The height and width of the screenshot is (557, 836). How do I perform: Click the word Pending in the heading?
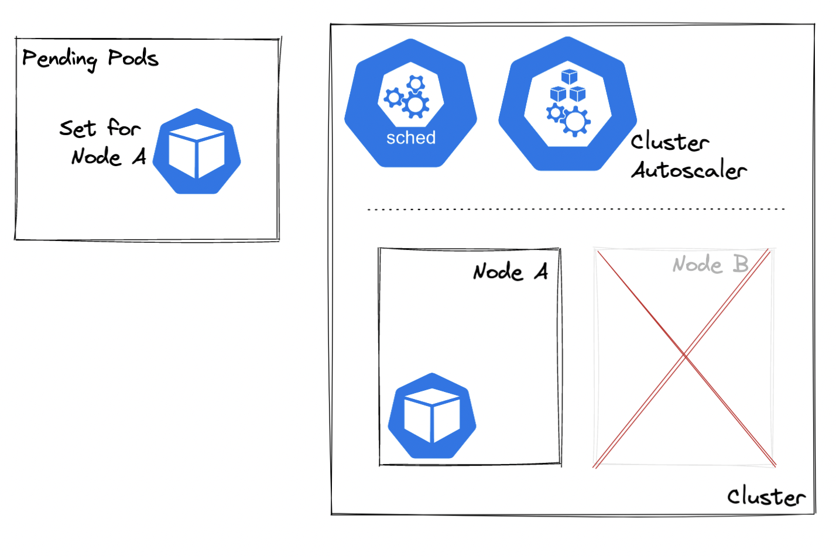[x=59, y=59]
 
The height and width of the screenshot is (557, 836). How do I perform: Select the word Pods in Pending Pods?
[x=133, y=58]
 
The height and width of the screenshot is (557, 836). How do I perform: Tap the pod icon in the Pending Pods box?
[x=197, y=152]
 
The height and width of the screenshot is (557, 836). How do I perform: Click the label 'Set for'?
[x=100, y=128]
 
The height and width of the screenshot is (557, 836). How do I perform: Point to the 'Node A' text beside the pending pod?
[x=108, y=157]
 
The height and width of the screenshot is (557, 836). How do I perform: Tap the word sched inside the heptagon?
[x=411, y=137]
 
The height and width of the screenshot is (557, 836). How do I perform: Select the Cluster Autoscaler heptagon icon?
[x=567, y=104]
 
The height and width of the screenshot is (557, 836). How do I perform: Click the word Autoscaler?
[x=688, y=170]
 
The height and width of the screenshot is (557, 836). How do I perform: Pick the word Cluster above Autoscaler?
[x=670, y=142]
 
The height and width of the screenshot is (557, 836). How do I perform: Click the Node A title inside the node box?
[x=510, y=271]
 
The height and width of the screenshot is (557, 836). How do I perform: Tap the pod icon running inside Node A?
[x=432, y=416]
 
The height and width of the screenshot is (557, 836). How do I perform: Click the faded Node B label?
[x=710, y=264]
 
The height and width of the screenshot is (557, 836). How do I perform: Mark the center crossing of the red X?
[x=684, y=355]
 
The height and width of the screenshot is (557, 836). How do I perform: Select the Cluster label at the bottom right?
[x=766, y=496]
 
